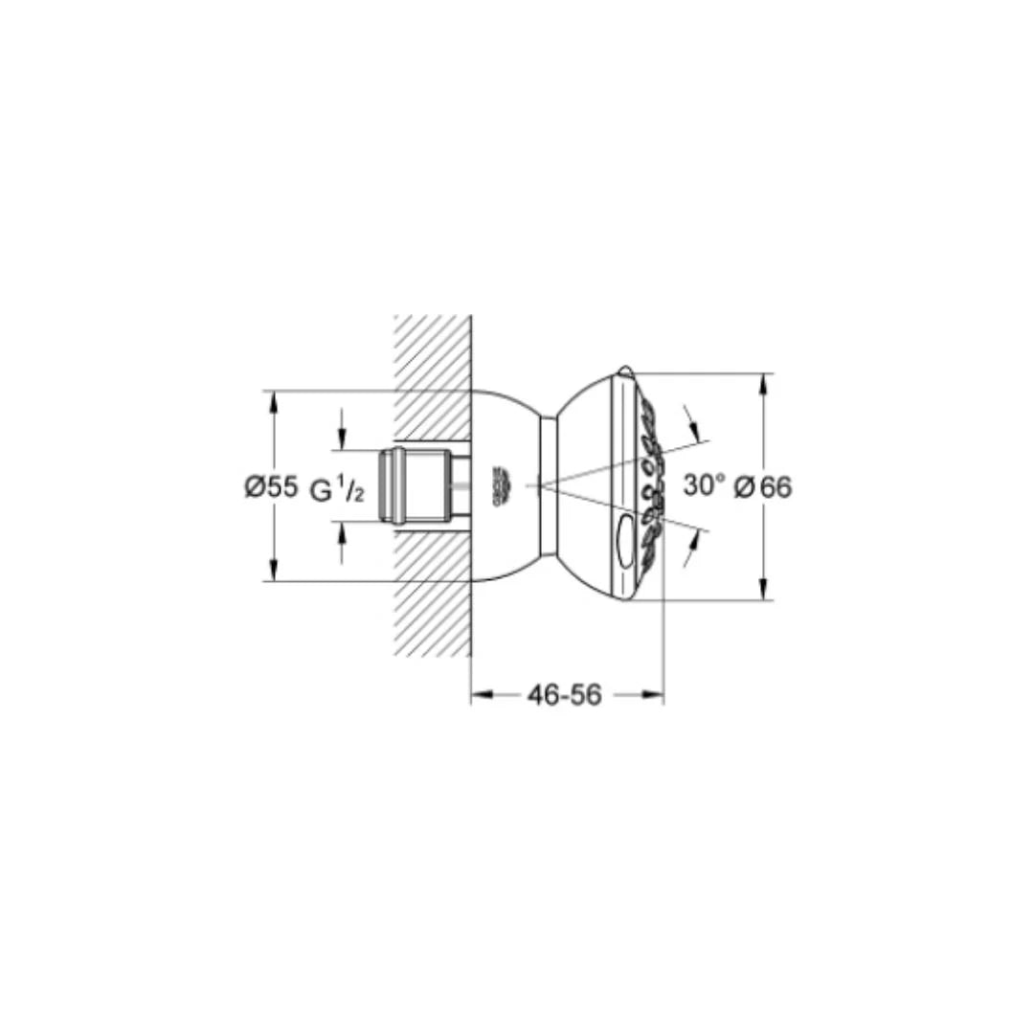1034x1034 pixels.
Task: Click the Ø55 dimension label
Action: click(271, 487)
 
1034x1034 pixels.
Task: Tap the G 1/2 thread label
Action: click(337, 490)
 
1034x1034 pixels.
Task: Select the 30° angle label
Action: click(705, 485)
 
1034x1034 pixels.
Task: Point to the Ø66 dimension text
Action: click(763, 487)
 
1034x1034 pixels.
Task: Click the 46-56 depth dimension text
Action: click(565, 696)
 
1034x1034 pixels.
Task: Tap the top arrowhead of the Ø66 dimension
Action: click(763, 382)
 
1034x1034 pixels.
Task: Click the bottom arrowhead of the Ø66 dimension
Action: click(763, 591)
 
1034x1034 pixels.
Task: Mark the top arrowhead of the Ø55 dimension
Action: click(274, 399)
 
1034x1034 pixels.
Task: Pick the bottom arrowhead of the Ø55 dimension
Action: click(274, 572)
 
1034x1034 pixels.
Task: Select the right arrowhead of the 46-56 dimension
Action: click(654, 696)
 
